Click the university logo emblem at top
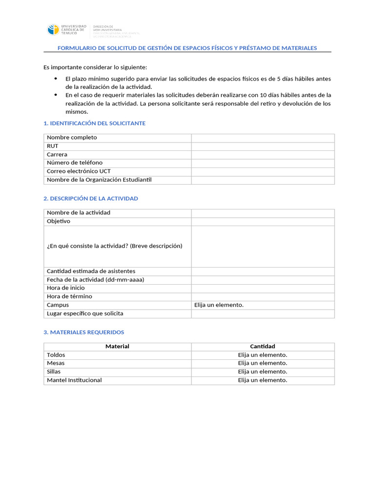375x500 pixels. pyautogui.click(x=53, y=30)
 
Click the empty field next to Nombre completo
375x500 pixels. pyautogui.click(x=263, y=138)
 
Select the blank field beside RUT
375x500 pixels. pyautogui.click(x=263, y=146)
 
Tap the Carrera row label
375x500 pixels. pyautogui.click(x=57, y=154)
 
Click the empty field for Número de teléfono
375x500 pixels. pyautogui.click(x=263, y=163)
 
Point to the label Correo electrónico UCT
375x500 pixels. pyautogui.click(x=79, y=171)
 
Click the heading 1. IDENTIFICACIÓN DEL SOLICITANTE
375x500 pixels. pyautogui.click(x=94, y=124)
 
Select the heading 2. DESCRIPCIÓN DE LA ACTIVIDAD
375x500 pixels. pyautogui.click(x=91, y=199)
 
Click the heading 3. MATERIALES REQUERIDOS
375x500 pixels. pyautogui.click(x=83, y=333)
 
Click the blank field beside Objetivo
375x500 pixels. pyautogui.click(x=263, y=222)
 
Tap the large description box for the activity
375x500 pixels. pyautogui.click(x=263, y=246)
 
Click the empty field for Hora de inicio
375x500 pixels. pyautogui.click(x=263, y=288)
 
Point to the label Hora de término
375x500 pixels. pyautogui.click(x=69, y=296)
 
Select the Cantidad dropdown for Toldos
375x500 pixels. pyautogui.click(x=263, y=355)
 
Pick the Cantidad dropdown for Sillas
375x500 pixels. pyautogui.click(x=263, y=372)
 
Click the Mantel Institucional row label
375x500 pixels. pyautogui.click(x=74, y=380)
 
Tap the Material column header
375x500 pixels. pyautogui.click(x=117, y=347)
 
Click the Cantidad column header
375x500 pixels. pyautogui.click(x=263, y=347)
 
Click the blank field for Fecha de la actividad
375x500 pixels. pyautogui.click(x=263, y=280)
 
